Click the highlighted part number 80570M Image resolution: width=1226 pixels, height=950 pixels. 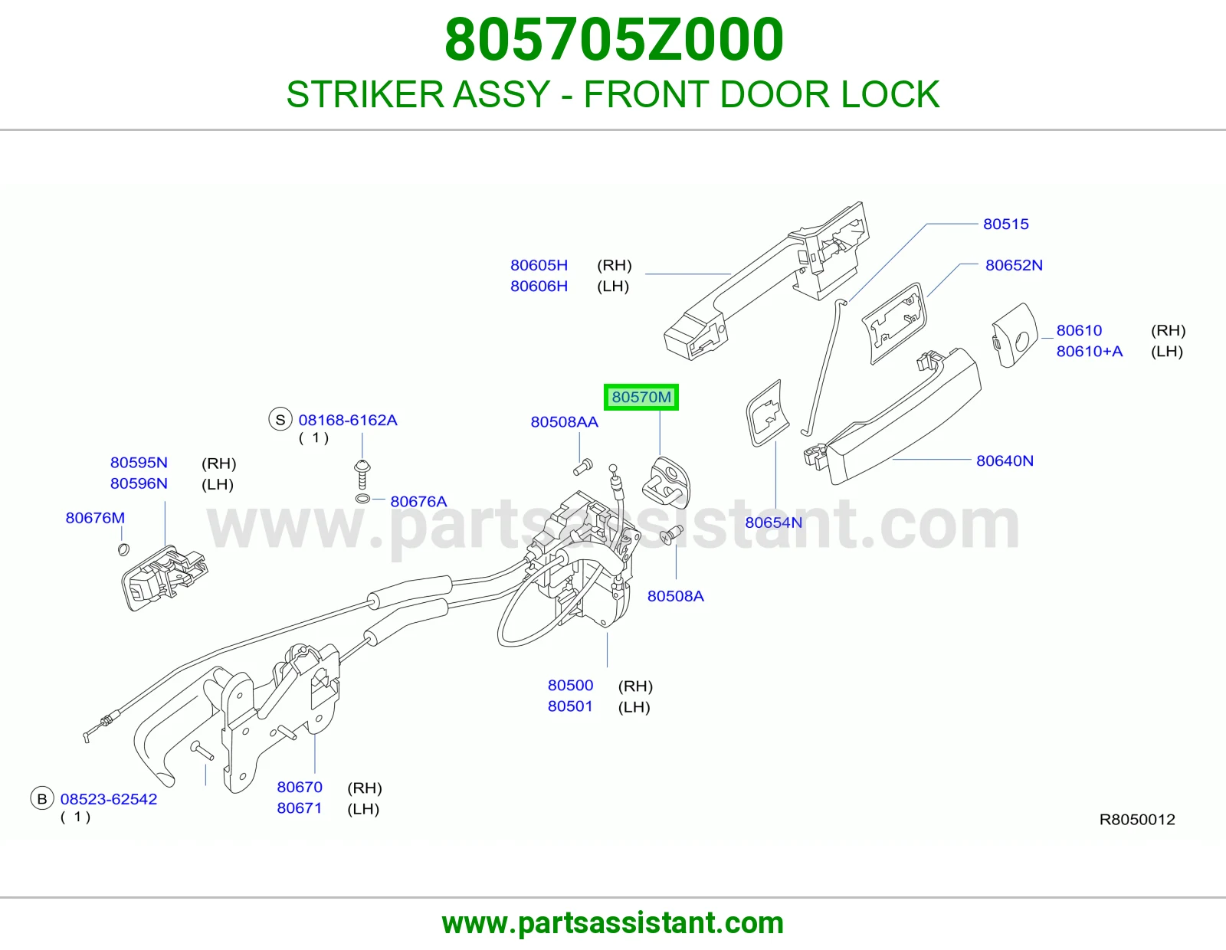click(641, 397)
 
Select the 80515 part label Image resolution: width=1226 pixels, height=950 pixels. click(1005, 224)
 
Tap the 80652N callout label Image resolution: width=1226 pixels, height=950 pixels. click(1014, 265)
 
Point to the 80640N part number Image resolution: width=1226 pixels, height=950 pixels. click(1005, 461)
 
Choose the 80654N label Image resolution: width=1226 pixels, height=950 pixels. click(773, 522)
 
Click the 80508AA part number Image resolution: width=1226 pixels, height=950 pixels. click(564, 422)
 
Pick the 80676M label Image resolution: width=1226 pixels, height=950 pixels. click(95, 518)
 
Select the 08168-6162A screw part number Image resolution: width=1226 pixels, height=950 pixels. click(348, 421)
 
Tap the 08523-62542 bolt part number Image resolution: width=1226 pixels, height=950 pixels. click(108, 799)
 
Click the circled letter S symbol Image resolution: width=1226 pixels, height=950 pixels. click(280, 420)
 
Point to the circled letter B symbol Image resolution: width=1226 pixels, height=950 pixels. click(41, 799)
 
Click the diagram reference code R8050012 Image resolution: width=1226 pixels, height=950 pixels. click(1137, 820)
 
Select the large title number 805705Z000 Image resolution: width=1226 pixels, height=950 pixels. click(614, 39)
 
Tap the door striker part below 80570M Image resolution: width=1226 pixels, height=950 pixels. click(667, 483)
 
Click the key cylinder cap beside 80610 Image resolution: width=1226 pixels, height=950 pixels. click(1015, 336)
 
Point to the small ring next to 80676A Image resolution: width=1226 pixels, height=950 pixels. click(362, 499)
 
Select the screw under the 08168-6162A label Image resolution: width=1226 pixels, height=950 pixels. click(362, 474)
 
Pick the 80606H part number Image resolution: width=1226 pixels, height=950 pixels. click(539, 287)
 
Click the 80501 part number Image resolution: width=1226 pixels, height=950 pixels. click(570, 706)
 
